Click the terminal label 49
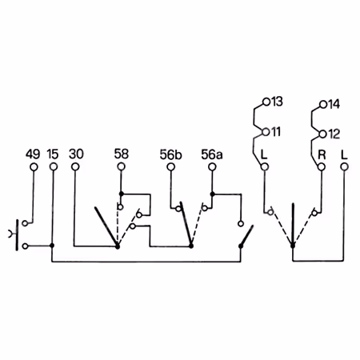[x=33, y=154]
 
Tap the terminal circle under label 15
[x=54, y=167]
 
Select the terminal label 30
[x=76, y=154]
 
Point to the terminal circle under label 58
[x=121, y=167]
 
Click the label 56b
[x=170, y=154]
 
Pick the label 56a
[x=212, y=154]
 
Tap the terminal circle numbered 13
[x=266, y=102]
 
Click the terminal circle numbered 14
[x=323, y=105]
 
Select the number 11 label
[x=276, y=132]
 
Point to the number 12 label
[x=334, y=134]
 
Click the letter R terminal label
[x=322, y=154]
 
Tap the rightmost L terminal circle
[x=345, y=167]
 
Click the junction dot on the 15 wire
[x=52, y=246]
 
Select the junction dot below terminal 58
[x=122, y=194]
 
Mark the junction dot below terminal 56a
[x=212, y=194]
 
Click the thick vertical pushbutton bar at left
[x=18, y=235]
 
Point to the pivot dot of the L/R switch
[x=293, y=246]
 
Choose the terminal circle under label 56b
[x=170, y=167]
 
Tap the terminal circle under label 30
[x=75, y=167]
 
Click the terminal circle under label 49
[x=34, y=167]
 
